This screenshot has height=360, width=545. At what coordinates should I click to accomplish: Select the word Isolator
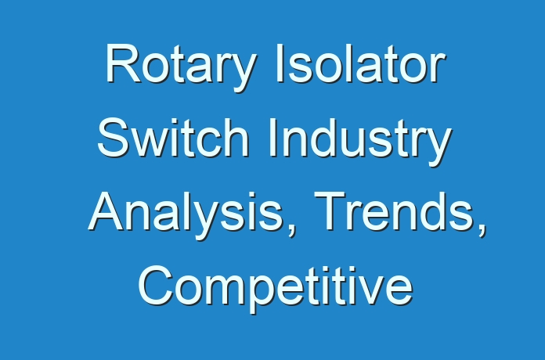point(360,63)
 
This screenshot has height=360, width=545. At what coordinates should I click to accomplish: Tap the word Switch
point(173,138)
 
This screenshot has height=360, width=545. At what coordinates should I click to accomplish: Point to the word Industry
point(360,142)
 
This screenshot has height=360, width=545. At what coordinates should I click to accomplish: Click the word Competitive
point(276,289)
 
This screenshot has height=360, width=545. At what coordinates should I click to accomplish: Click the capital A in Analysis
point(106,211)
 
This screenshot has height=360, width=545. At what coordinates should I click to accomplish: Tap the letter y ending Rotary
point(243,74)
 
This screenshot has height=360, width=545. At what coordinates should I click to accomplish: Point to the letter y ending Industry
point(438,148)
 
